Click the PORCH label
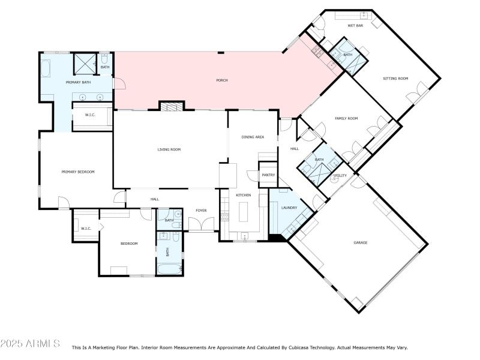[221, 80]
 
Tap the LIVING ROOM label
[169, 149]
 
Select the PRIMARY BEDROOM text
[78, 172]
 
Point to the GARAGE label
[360, 242]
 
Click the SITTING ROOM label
[395, 79]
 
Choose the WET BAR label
[355, 26]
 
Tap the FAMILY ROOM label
[346, 118]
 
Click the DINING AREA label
[253, 137]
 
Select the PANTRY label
[268, 175]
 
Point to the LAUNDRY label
[289, 208]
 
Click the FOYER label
[201, 210]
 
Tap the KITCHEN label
[243, 196]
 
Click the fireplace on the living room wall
[172, 106]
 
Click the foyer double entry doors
[201, 225]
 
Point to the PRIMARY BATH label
[78, 82]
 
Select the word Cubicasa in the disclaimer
[311, 347]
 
